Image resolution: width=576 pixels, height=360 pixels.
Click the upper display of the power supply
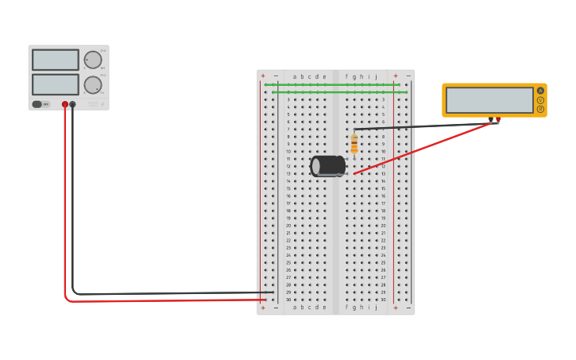pyautogui.click(x=55, y=60)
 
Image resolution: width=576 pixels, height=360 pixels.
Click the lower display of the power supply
pyautogui.click(x=55, y=84)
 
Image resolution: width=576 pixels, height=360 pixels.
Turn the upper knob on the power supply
pyautogui.click(x=93, y=60)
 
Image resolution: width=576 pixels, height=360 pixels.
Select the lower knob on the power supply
pyautogui.click(x=93, y=85)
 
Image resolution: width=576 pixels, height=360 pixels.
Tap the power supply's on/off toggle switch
pyautogui.click(x=37, y=104)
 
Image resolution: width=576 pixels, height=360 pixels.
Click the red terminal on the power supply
pyautogui.click(x=65, y=104)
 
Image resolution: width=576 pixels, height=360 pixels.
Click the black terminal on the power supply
pyautogui.click(x=73, y=104)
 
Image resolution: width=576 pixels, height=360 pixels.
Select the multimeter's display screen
pyautogui.click(x=489, y=100)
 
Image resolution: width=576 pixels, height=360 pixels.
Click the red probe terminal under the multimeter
pyautogui.click(x=498, y=120)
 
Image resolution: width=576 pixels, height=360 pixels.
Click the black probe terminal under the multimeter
pyautogui.click(x=492, y=120)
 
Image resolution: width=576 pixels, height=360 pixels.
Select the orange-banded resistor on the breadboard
pyautogui.click(x=354, y=144)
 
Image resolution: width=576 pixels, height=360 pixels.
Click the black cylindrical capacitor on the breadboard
pyautogui.click(x=328, y=166)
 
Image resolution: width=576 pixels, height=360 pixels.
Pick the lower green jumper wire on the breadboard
pyautogui.click(x=339, y=92)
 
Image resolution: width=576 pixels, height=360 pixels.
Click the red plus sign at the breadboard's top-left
pyautogui.click(x=264, y=76)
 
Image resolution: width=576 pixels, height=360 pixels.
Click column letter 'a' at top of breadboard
pyautogui.click(x=295, y=77)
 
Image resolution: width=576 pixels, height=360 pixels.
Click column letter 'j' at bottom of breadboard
pyautogui.click(x=376, y=307)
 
